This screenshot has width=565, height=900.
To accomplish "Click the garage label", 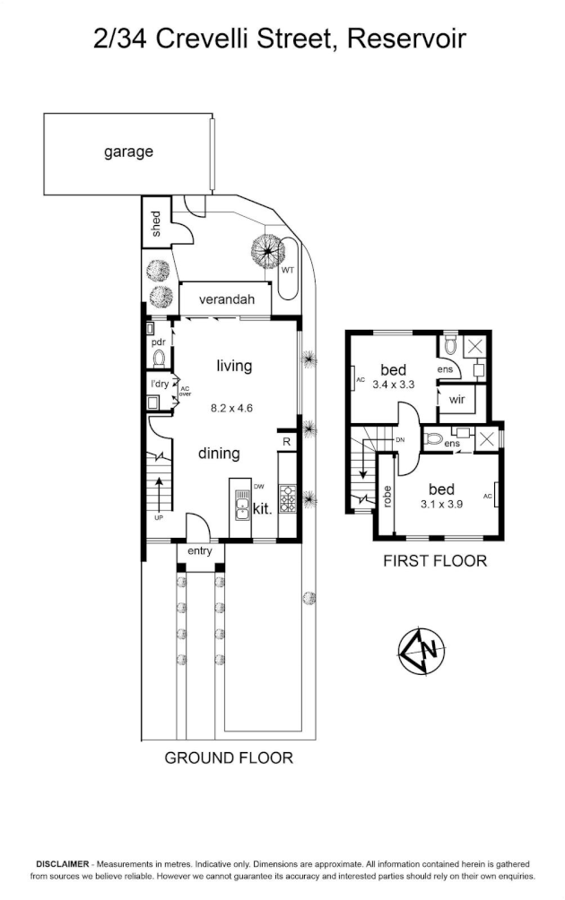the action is pyautogui.click(x=128, y=152).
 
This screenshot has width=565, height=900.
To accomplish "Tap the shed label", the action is pyautogui.click(x=156, y=223).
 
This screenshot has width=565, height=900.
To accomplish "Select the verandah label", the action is pyautogui.click(x=227, y=299).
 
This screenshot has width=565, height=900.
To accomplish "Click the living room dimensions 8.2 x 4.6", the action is pyautogui.click(x=232, y=409).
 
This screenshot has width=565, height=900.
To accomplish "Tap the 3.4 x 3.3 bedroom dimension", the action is pyautogui.click(x=394, y=385).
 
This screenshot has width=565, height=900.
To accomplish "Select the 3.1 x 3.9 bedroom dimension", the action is pyautogui.click(x=441, y=504).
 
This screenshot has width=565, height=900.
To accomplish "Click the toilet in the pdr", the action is pyautogui.click(x=159, y=359).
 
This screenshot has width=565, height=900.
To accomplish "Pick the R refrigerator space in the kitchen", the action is pyautogui.click(x=286, y=442).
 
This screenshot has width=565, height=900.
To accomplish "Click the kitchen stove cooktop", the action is pyautogui.click(x=287, y=498).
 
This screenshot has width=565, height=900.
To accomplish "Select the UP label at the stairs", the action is pyautogui.click(x=158, y=518).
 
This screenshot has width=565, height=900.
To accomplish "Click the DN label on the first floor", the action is pyautogui.click(x=400, y=440).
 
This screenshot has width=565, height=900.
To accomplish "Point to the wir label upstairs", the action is pyautogui.click(x=457, y=399).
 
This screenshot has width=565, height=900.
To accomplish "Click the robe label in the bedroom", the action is pyautogui.click(x=387, y=497).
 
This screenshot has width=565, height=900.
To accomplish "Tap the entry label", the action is pyautogui.click(x=200, y=551).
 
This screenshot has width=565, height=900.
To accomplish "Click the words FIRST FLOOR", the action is pyautogui.click(x=435, y=561).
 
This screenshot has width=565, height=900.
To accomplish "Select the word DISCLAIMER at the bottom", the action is pyautogui.click(x=63, y=863).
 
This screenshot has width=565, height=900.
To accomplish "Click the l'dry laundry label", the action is pyautogui.click(x=160, y=384).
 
